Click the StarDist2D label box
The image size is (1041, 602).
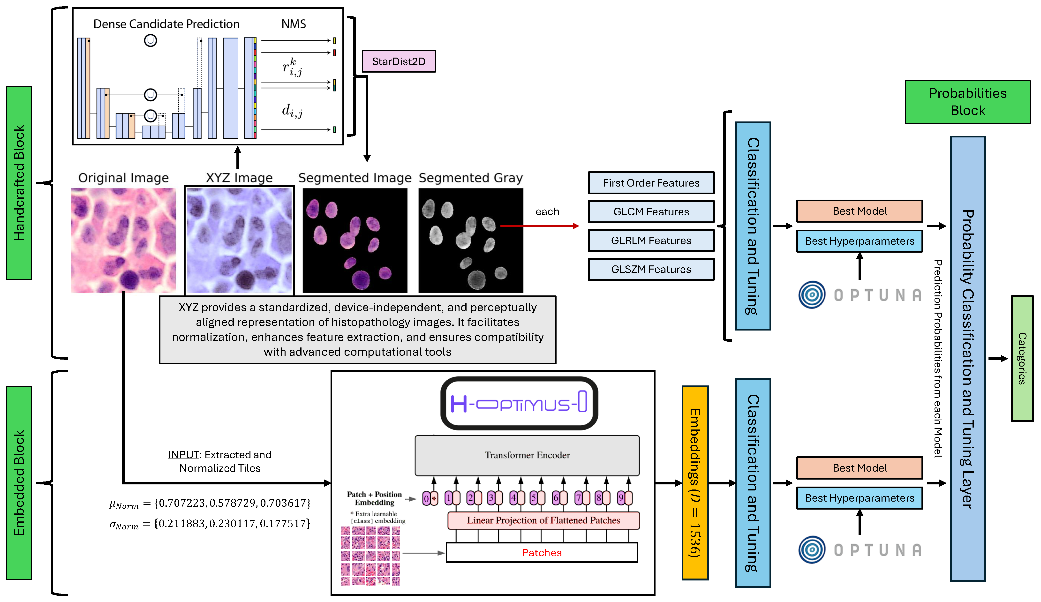[398, 61]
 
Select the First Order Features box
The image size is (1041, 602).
[651, 183]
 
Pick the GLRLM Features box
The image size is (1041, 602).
[651, 241]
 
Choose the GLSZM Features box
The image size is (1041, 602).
[651, 269]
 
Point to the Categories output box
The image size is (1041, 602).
[1022, 358]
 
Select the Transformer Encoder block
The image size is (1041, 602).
[527, 455]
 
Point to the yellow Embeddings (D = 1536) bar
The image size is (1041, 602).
[695, 482]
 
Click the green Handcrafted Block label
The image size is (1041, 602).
[19, 183]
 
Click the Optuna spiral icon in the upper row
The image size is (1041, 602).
[812, 295]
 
